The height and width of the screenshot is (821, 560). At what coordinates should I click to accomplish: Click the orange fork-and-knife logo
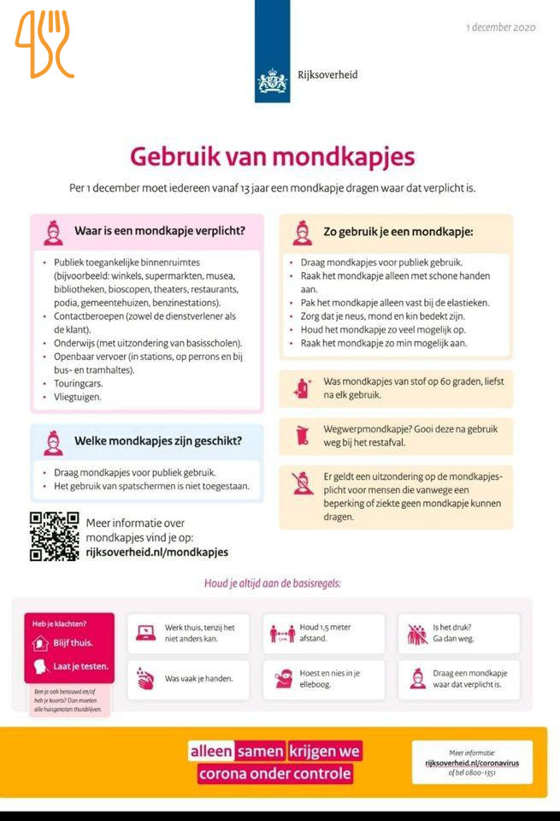(x=44, y=44)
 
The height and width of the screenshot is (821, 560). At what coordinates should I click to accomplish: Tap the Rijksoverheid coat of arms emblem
(x=272, y=81)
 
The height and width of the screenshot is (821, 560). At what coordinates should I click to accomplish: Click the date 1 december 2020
(x=501, y=27)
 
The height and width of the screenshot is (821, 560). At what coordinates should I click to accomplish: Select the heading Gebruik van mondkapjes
(x=272, y=157)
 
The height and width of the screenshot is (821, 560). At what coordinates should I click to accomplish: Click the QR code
(x=54, y=536)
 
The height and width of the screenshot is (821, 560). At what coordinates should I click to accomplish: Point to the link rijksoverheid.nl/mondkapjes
(x=157, y=552)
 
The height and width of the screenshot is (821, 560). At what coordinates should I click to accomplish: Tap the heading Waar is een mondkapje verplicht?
(x=160, y=230)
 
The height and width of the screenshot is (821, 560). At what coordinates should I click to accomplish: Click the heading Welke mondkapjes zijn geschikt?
(x=157, y=441)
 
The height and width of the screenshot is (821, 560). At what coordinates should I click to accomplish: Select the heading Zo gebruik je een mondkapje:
(x=398, y=231)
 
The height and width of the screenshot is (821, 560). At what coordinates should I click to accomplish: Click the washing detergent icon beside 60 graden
(x=300, y=388)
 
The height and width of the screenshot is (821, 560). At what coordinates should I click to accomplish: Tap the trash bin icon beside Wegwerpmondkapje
(x=301, y=435)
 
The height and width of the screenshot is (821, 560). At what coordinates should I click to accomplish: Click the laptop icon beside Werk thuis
(x=146, y=633)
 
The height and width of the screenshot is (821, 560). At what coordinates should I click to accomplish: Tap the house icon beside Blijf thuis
(x=38, y=642)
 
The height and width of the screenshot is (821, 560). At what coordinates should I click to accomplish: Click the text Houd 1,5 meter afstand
(x=325, y=633)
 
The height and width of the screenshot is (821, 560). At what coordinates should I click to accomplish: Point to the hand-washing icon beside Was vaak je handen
(x=146, y=679)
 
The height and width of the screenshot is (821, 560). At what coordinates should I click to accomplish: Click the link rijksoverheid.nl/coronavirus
(x=472, y=762)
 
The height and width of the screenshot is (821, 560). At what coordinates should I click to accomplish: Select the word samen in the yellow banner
(x=261, y=751)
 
